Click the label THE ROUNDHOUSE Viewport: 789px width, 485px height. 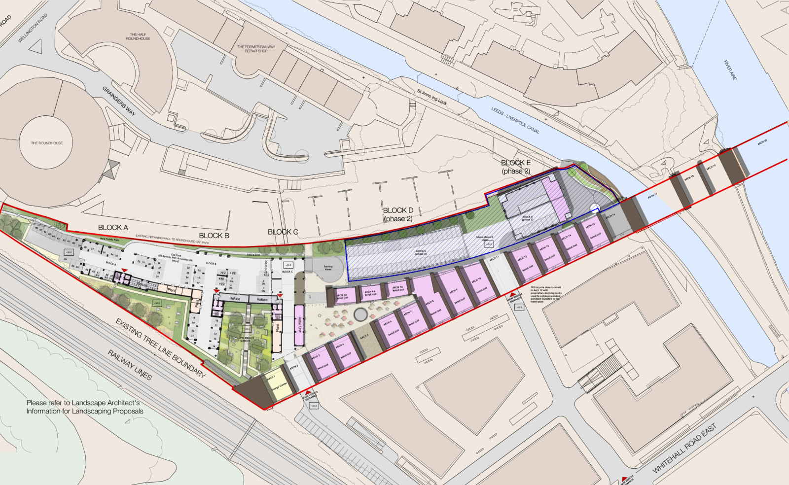[x=47, y=143]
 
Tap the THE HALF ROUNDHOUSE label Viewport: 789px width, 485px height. [x=138, y=36]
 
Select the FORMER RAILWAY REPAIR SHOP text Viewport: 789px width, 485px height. [x=256, y=49]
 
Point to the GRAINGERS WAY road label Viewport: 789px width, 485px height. [x=119, y=101]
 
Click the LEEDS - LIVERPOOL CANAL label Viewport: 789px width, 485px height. [x=515, y=120]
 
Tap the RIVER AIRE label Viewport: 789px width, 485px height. [x=730, y=70]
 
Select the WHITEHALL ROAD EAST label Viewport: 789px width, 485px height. [x=684, y=448]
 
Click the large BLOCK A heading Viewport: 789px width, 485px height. [x=113, y=227]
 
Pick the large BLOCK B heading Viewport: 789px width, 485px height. [x=214, y=236]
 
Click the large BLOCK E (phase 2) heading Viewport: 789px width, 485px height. [x=516, y=167]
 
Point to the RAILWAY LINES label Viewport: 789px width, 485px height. [x=130, y=365]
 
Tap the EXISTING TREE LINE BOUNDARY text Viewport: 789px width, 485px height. [x=160, y=348]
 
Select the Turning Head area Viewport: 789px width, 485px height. [x=328, y=268]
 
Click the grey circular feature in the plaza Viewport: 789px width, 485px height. [x=361, y=314]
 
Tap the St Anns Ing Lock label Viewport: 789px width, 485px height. [x=432, y=97]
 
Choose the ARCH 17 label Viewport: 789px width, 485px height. [x=652, y=196]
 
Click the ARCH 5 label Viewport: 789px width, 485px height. [x=364, y=337]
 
